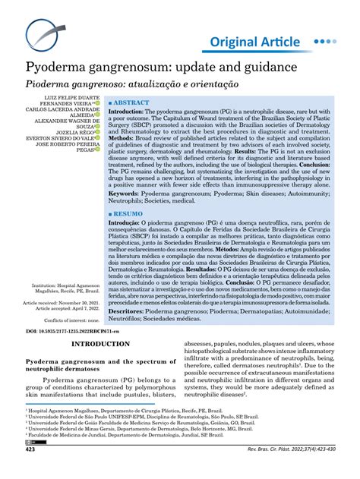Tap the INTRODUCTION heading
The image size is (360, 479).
pos(99,344)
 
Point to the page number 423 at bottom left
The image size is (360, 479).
pos(30,471)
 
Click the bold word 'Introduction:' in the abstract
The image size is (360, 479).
pos(134,111)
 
